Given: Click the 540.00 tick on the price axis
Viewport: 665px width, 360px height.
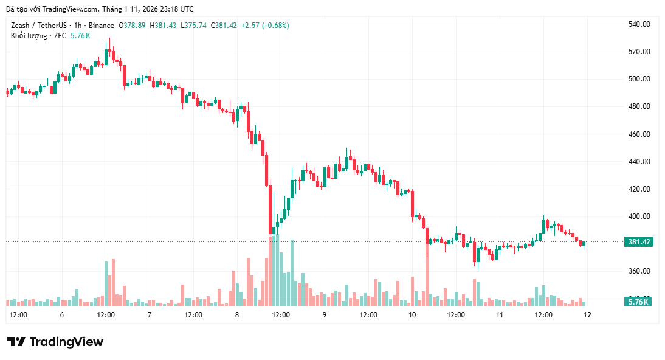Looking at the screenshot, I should pyautogui.click(x=639, y=24).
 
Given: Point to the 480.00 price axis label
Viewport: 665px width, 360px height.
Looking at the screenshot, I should pyautogui.click(x=639, y=106).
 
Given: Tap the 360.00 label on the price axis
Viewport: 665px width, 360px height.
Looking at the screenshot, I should pyautogui.click(x=639, y=271).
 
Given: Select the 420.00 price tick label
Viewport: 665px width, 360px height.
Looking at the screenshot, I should pyautogui.click(x=639, y=189).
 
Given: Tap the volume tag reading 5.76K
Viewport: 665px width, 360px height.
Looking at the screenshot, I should pyautogui.click(x=639, y=302).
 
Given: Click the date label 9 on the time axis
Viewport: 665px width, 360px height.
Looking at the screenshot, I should pyautogui.click(x=325, y=315).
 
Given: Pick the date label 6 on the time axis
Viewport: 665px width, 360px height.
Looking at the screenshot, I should pyautogui.click(x=62, y=315).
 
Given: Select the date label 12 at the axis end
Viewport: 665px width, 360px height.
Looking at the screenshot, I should pyautogui.click(x=587, y=315).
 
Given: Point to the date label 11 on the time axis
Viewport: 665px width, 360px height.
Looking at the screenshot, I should pyautogui.click(x=500, y=315).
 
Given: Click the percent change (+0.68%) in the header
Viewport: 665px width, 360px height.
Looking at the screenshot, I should pyautogui.click(x=275, y=26).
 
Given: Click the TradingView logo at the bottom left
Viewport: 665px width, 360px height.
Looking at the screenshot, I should pyautogui.click(x=55, y=342).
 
